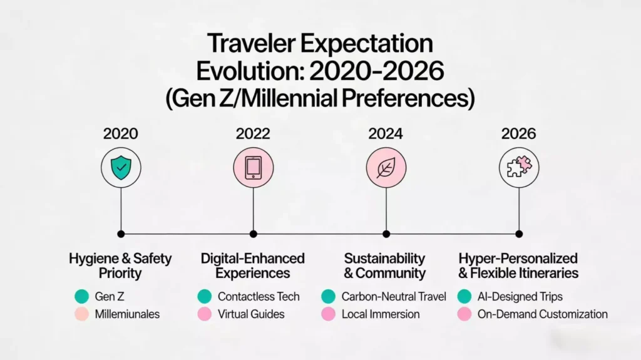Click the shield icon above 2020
pyautogui.click(x=121, y=168)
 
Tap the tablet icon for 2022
pyautogui.click(x=253, y=168)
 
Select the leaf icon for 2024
pyautogui.click(x=386, y=168)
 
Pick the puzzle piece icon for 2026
pyautogui.click(x=519, y=168)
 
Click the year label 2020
pyautogui.click(x=121, y=133)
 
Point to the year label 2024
pyautogui.click(x=386, y=133)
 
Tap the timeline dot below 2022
pyautogui.click(x=253, y=234)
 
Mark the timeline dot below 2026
pyautogui.click(x=519, y=234)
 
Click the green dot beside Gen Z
pyautogui.click(x=81, y=297)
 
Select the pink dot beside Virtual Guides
pyautogui.click(x=204, y=314)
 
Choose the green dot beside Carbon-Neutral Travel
pyautogui.click(x=328, y=297)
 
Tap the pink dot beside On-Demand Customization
pyautogui.click(x=464, y=314)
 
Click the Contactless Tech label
pyautogui.click(x=259, y=297)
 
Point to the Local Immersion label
pyautogui.click(x=381, y=314)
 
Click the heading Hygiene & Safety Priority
pyautogui.click(x=120, y=265)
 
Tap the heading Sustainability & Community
pyautogui.click(x=385, y=265)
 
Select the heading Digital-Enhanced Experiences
pyautogui.click(x=253, y=265)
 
